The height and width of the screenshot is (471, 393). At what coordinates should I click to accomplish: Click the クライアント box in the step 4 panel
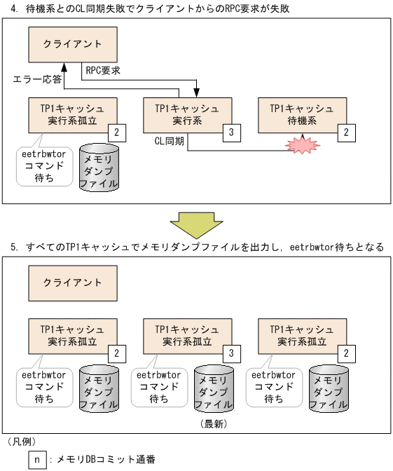point(72,44)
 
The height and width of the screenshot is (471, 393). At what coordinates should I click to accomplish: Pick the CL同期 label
point(169,140)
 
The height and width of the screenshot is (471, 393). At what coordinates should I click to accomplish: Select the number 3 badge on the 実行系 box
point(232,131)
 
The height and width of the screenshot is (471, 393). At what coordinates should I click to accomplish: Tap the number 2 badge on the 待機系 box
point(347,131)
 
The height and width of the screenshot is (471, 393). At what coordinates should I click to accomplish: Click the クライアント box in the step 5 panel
point(72,282)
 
